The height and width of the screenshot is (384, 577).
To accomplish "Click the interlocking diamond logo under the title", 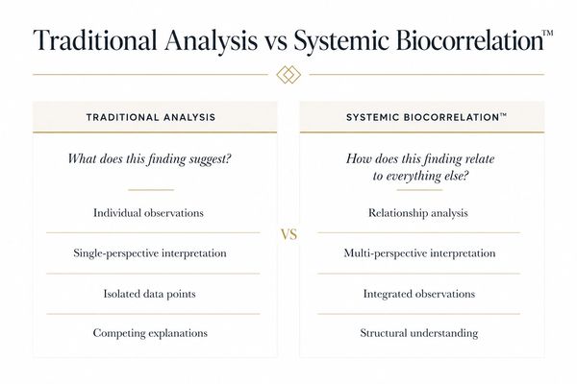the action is tap(288, 75).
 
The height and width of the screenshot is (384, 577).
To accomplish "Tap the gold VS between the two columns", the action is tap(288, 234).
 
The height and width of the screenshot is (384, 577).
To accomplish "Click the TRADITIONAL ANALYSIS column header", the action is tap(151, 117).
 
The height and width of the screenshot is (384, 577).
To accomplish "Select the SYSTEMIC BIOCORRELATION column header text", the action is tap(426, 117).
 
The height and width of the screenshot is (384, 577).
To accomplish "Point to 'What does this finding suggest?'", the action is tap(149, 159).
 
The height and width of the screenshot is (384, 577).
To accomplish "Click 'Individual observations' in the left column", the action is tap(148, 213).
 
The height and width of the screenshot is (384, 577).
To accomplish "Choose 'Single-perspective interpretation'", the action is tap(150, 253).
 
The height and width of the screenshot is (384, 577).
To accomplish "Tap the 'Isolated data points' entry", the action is tap(149, 294).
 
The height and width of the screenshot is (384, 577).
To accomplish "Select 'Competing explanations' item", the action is tap(150, 333).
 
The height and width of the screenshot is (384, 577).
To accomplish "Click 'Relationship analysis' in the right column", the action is tap(418, 213).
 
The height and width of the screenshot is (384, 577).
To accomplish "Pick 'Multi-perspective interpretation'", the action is tap(419, 253).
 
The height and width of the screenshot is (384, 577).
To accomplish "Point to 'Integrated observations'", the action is tap(419, 294).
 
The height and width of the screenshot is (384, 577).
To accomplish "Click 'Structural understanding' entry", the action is tap(419, 333).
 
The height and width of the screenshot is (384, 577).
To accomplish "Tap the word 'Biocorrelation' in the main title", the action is tap(470, 39).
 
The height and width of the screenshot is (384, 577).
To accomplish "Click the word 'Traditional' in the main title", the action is tap(95, 39).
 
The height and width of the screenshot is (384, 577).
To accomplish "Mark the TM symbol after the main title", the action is tap(548, 33).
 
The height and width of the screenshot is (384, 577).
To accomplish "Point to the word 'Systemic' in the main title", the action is tap(341, 40).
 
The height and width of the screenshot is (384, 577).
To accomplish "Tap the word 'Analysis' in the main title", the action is tap(212, 40).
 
